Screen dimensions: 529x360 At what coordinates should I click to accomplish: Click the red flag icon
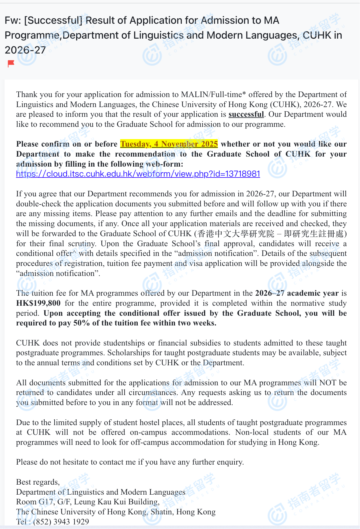11,63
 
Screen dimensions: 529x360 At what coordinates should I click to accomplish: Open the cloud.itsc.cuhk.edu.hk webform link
138,174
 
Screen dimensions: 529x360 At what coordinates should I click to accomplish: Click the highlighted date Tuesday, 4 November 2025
169,144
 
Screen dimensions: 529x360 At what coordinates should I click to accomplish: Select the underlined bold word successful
246,115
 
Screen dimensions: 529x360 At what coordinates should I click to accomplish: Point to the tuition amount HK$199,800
38,303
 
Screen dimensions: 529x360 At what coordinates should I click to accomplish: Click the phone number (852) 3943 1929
61,522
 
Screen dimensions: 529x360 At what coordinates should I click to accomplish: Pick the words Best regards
37,482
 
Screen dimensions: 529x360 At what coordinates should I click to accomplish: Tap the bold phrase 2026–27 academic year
297,293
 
